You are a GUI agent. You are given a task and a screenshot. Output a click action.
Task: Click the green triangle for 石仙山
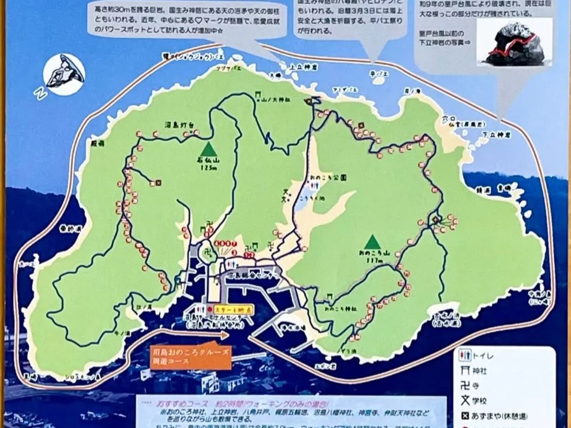[208, 149]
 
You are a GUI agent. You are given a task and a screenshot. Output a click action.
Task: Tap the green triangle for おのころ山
[372, 242]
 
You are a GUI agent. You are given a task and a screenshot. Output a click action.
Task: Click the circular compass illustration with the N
[62, 74]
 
